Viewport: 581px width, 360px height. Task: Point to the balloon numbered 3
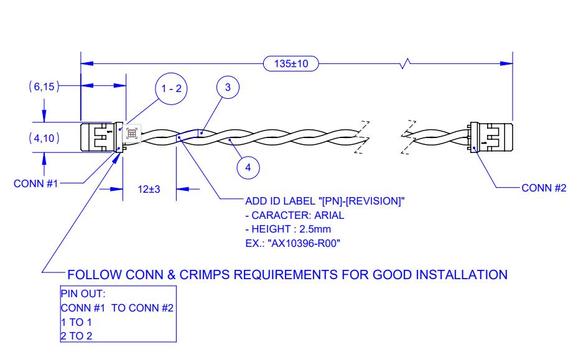pyautogui.click(x=228, y=88)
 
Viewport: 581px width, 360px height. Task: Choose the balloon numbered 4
pyautogui.click(x=248, y=167)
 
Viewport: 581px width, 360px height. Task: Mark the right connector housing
pyautogui.click(x=493, y=137)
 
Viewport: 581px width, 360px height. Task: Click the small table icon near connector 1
pyautogui.click(x=132, y=132)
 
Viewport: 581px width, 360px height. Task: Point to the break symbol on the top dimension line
pyautogui.click(x=407, y=63)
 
